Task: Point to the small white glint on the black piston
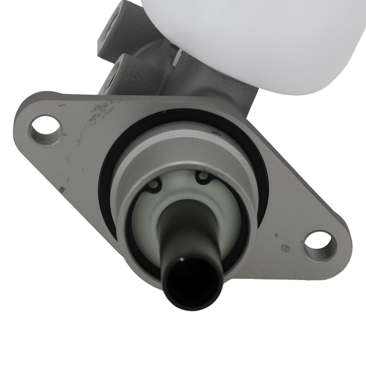point(182,261)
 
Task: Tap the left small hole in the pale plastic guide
point(154,184)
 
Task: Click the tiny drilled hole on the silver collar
point(217,134)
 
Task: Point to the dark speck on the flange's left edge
point(62,190)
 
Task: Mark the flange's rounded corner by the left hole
point(22,124)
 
